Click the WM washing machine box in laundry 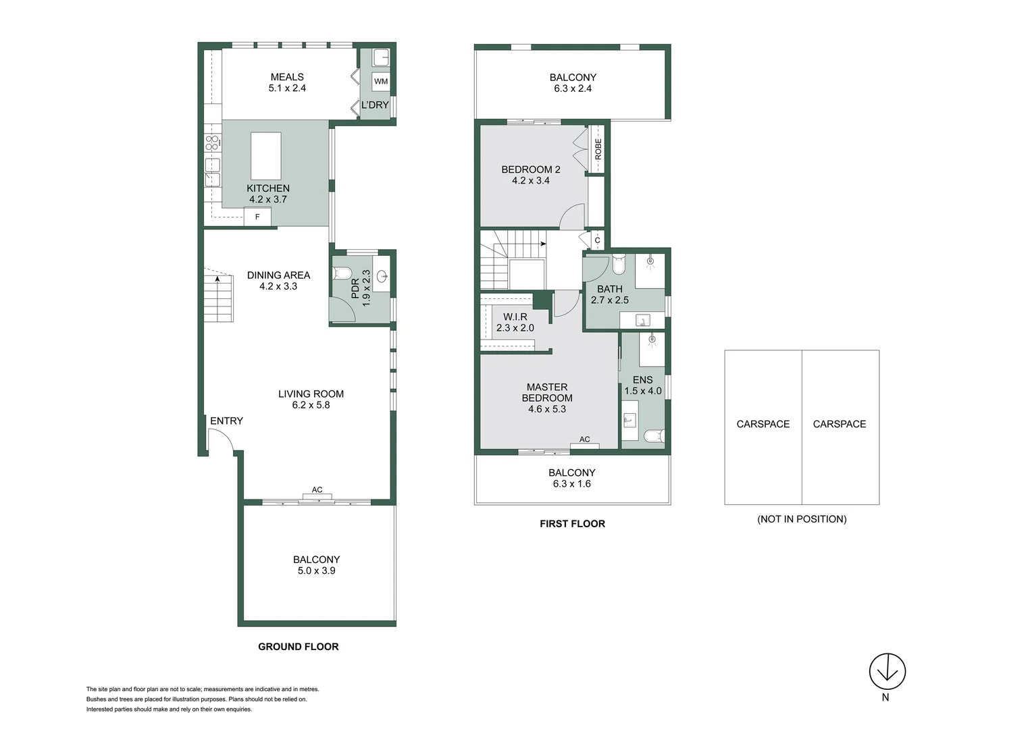[381, 82]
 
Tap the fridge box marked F [257, 217]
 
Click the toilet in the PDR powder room [340, 274]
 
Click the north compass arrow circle [887, 671]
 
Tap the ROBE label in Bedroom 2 [598, 149]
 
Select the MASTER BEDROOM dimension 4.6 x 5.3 [547, 409]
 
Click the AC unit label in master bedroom [584, 439]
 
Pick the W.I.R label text [515, 317]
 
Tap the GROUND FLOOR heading [298, 647]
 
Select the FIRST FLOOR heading [572, 524]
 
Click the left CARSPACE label [763, 424]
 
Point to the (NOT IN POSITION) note [802, 519]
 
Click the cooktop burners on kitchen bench [212, 142]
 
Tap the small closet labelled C [597, 240]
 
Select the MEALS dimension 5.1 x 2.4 [287, 88]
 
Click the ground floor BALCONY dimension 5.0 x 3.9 [316, 570]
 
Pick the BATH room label [609, 289]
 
